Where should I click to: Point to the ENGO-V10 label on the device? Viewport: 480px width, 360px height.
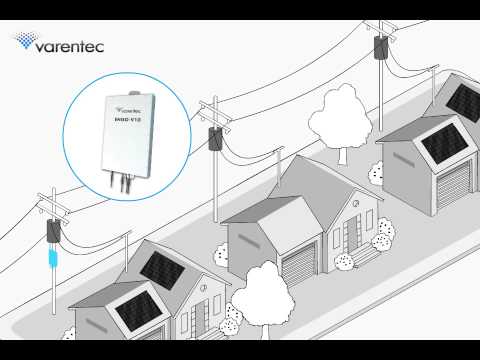[x=127, y=117]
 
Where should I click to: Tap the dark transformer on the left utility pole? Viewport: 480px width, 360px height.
[x=50, y=233]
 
